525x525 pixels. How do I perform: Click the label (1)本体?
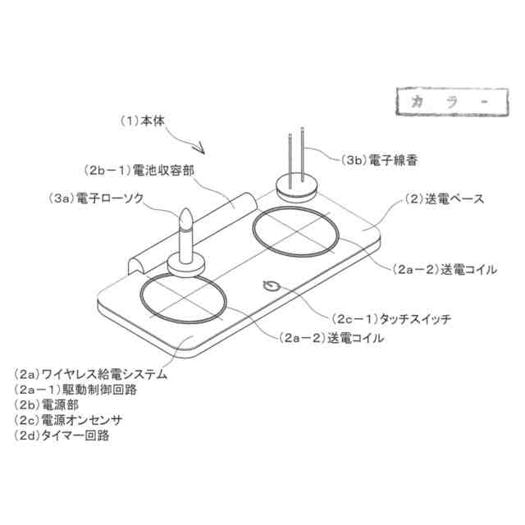point(144,120)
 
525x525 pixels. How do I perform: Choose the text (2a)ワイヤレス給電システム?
point(91,375)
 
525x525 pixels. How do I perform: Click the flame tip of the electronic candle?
point(186,218)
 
